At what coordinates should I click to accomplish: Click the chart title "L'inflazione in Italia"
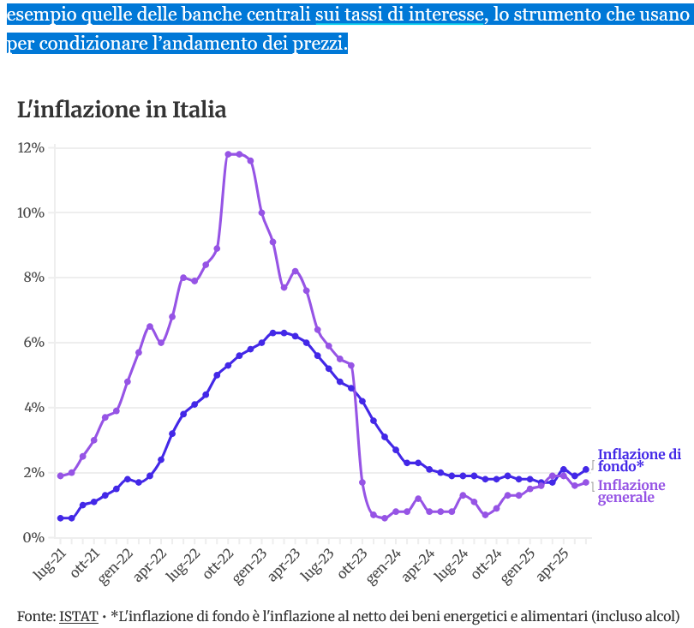click(122, 110)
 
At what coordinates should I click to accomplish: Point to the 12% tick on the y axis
click(31, 148)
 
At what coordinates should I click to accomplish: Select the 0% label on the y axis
click(34, 537)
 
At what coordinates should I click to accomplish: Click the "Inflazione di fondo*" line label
click(639, 460)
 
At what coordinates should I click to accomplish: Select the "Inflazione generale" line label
click(631, 491)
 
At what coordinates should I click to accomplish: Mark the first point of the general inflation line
click(60, 475)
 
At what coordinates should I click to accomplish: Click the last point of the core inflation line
click(586, 469)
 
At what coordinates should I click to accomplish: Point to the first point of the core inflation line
click(60, 517)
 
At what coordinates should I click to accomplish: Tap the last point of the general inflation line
click(586, 482)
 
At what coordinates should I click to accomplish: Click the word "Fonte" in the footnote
click(35, 616)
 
